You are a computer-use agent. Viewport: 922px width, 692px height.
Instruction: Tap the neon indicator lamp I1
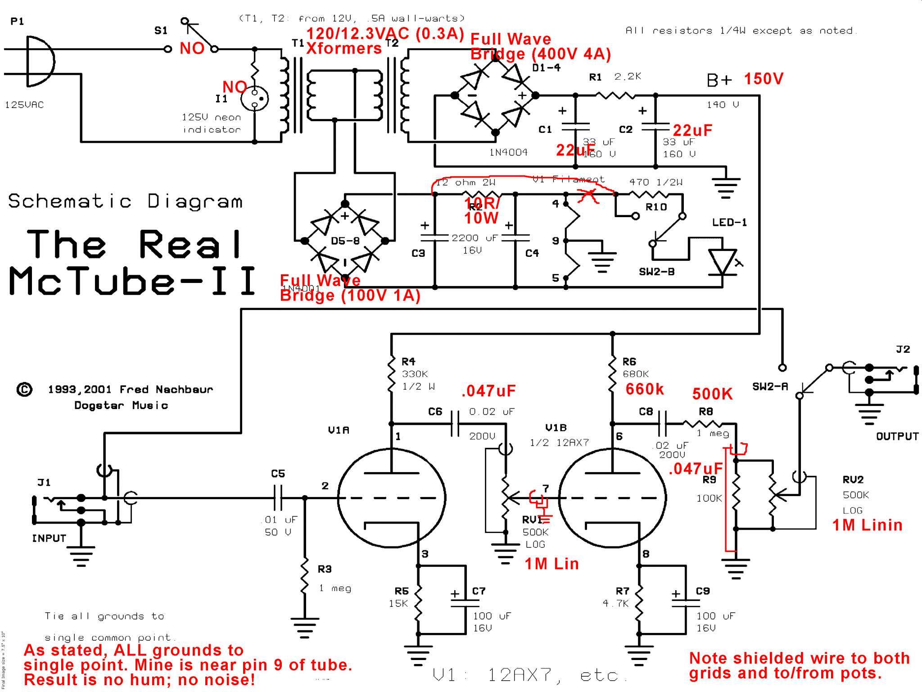254,98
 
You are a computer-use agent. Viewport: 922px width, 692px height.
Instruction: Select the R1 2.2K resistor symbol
615,95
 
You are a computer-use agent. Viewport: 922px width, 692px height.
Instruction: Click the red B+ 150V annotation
764,79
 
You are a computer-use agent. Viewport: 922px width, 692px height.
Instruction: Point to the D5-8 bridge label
345,241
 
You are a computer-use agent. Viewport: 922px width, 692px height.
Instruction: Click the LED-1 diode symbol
722,261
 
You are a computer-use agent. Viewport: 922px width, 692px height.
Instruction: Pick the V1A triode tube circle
391,498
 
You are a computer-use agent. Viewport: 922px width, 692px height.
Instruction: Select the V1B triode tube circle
612,498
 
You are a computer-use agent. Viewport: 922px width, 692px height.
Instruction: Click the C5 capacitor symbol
278,498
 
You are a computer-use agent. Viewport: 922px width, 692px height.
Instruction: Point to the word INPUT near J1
49,538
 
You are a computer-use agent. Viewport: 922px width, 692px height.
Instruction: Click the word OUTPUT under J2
897,436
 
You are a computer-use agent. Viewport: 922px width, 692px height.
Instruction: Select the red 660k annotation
644,389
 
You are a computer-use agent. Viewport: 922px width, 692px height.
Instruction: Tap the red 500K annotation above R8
712,394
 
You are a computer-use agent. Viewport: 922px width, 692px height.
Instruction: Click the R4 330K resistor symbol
391,374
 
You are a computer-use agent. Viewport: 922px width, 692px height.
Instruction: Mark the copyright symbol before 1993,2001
24,389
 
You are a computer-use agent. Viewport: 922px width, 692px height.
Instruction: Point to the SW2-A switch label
770,386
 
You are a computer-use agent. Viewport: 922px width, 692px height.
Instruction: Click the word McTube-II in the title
133,281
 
